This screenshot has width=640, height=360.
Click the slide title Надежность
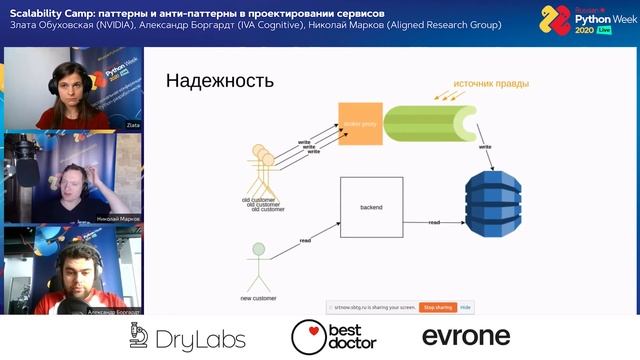point(219,81)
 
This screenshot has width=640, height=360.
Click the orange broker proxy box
point(360,124)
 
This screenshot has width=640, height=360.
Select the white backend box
point(371,208)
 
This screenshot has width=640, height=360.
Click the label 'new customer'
point(258,298)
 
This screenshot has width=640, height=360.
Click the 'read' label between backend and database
point(435,222)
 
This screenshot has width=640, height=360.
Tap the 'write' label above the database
point(485,147)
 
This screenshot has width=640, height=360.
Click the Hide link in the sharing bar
point(466,308)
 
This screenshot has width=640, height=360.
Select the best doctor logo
point(333,337)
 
